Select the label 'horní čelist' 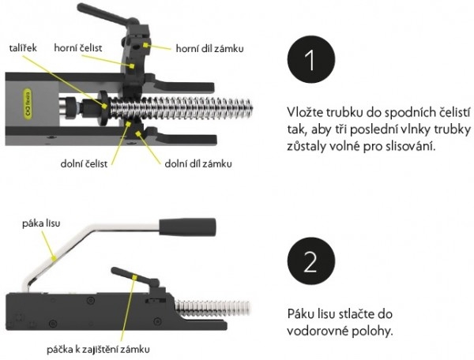76,47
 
